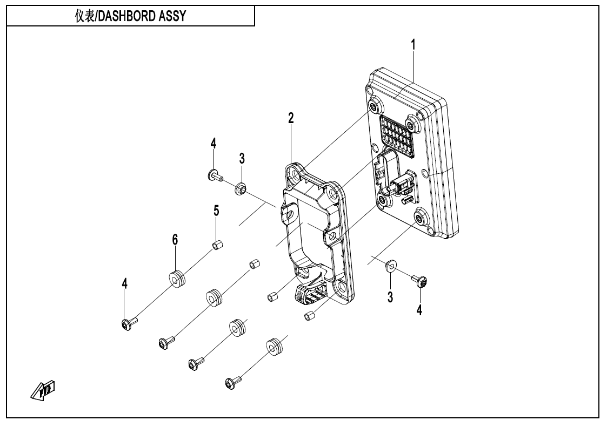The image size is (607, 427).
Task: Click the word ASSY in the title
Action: pyautogui.click(x=174, y=17)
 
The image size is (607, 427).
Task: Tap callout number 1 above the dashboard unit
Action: pyautogui.click(x=413, y=45)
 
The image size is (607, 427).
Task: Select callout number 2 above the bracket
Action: pyautogui.click(x=291, y=119)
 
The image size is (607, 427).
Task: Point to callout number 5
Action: pyautogui.click(x=216, y=211)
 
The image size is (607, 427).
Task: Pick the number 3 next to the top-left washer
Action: pyautogui.click(x=242, y=158)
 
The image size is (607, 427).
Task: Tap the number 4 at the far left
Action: pyautogui.click(x=125, y=284)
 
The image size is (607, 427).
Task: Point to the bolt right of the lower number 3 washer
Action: pyautogui.click(x=420, y=281)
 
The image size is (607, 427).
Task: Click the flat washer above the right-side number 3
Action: pyautogui.click(x=390, y=266)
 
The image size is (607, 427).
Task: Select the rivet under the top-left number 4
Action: pyautogui.click(x=215, y=175)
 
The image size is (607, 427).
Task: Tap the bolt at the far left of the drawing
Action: pyautogui.click(x=129, y=324)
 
